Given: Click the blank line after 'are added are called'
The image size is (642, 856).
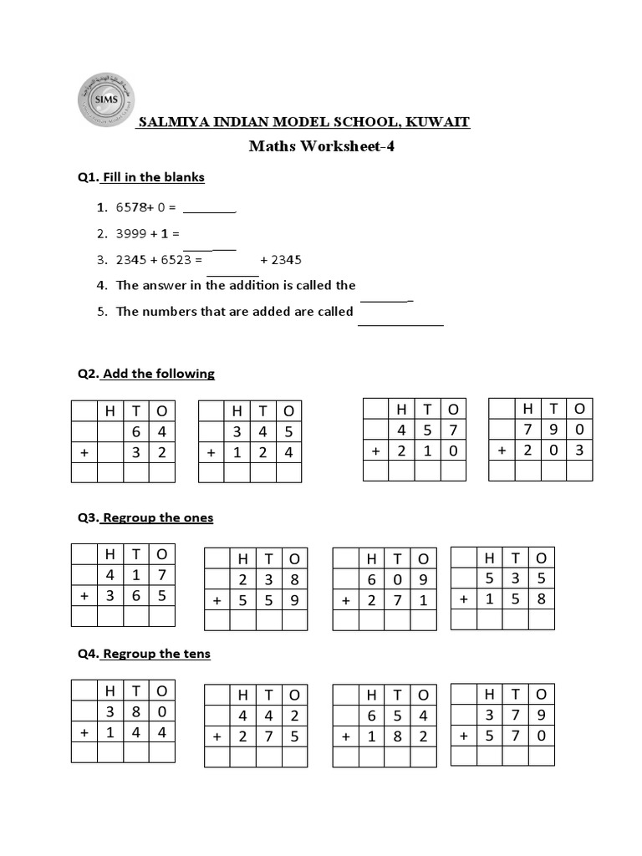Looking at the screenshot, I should point(400,323).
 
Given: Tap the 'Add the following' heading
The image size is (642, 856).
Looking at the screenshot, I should point(158,374).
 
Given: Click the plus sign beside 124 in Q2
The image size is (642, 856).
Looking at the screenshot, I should point(211,452).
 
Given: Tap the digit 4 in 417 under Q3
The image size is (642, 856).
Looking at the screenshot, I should point(110,574).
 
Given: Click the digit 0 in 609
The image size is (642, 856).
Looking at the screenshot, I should point(397,578).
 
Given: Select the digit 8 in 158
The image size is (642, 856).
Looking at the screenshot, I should point(541,599).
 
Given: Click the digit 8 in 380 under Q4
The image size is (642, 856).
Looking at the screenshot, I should point(136,711).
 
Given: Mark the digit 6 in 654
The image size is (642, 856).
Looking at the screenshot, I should point(371,716).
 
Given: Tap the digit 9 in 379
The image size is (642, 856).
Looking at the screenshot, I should point(541,715).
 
